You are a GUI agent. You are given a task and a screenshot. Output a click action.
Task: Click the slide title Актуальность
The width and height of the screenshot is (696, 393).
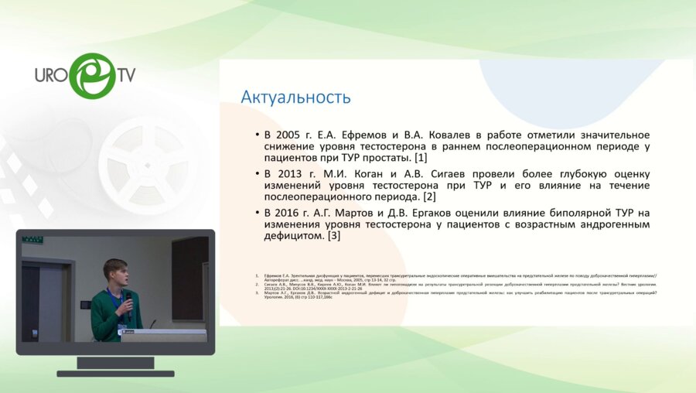pyautogui.click(x=295, y=97)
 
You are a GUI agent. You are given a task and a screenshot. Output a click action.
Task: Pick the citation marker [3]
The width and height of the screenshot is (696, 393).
pyautogui.click(x=333, y=236)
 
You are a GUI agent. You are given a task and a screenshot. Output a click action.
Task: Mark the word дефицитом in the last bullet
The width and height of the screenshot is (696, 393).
pyautogui.click(x=293, y=236)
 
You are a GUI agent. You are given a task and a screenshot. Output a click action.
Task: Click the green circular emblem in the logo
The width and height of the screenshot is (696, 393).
pyautogui.click(x=91, y=76)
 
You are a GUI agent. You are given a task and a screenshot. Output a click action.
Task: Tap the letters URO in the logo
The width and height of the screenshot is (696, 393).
pyautogui.click(x=51, y=75)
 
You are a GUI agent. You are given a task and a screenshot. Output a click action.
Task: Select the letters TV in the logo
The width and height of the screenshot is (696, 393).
pyautogui.click(x=125, y=75)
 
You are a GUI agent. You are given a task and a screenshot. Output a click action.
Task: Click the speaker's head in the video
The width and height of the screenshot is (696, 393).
pyautogui.click(x=114, y=273)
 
